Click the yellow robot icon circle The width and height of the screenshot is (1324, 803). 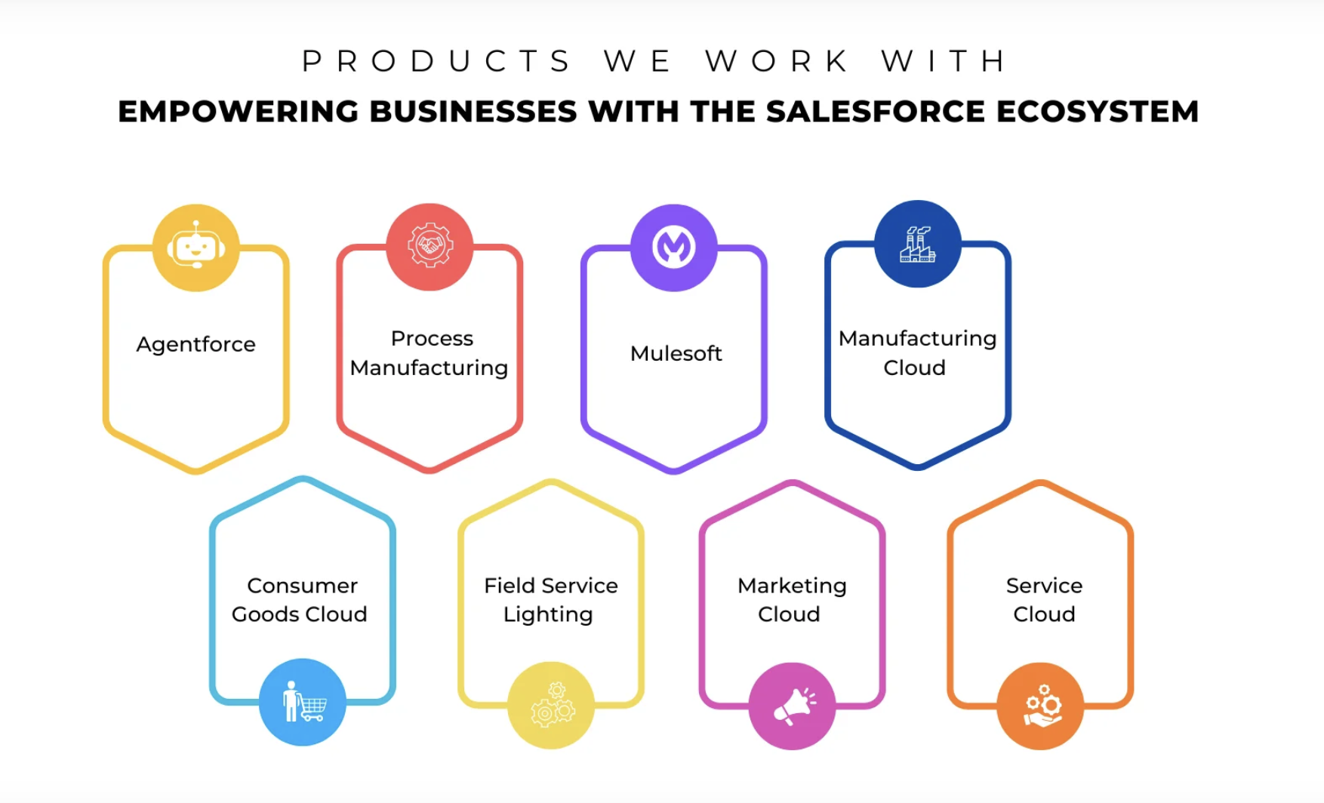click(196, 248)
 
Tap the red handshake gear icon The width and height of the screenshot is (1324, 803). click(430, 246)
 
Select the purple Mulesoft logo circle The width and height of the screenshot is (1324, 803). click(673, 248)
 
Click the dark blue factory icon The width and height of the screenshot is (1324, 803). click(917, 244)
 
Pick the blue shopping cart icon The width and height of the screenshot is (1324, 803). click(303, 702)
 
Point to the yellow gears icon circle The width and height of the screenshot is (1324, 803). click(551, 705)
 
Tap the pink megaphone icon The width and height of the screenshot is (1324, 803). click(792, 706)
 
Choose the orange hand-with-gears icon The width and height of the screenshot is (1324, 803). click(1040, 706)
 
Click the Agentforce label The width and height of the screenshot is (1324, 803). click(196, 345)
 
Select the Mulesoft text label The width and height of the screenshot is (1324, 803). click(676, 353)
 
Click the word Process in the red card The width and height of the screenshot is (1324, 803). click(432, 338)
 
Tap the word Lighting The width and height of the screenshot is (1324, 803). click(548, 615)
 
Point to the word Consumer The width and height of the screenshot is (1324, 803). click(303, 586)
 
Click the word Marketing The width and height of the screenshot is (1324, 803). click(792, 586)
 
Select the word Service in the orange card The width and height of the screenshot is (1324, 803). click(1044, 586)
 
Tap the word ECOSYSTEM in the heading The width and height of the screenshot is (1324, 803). click(1098, 112)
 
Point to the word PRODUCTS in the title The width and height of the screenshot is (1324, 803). click(436, 61)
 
